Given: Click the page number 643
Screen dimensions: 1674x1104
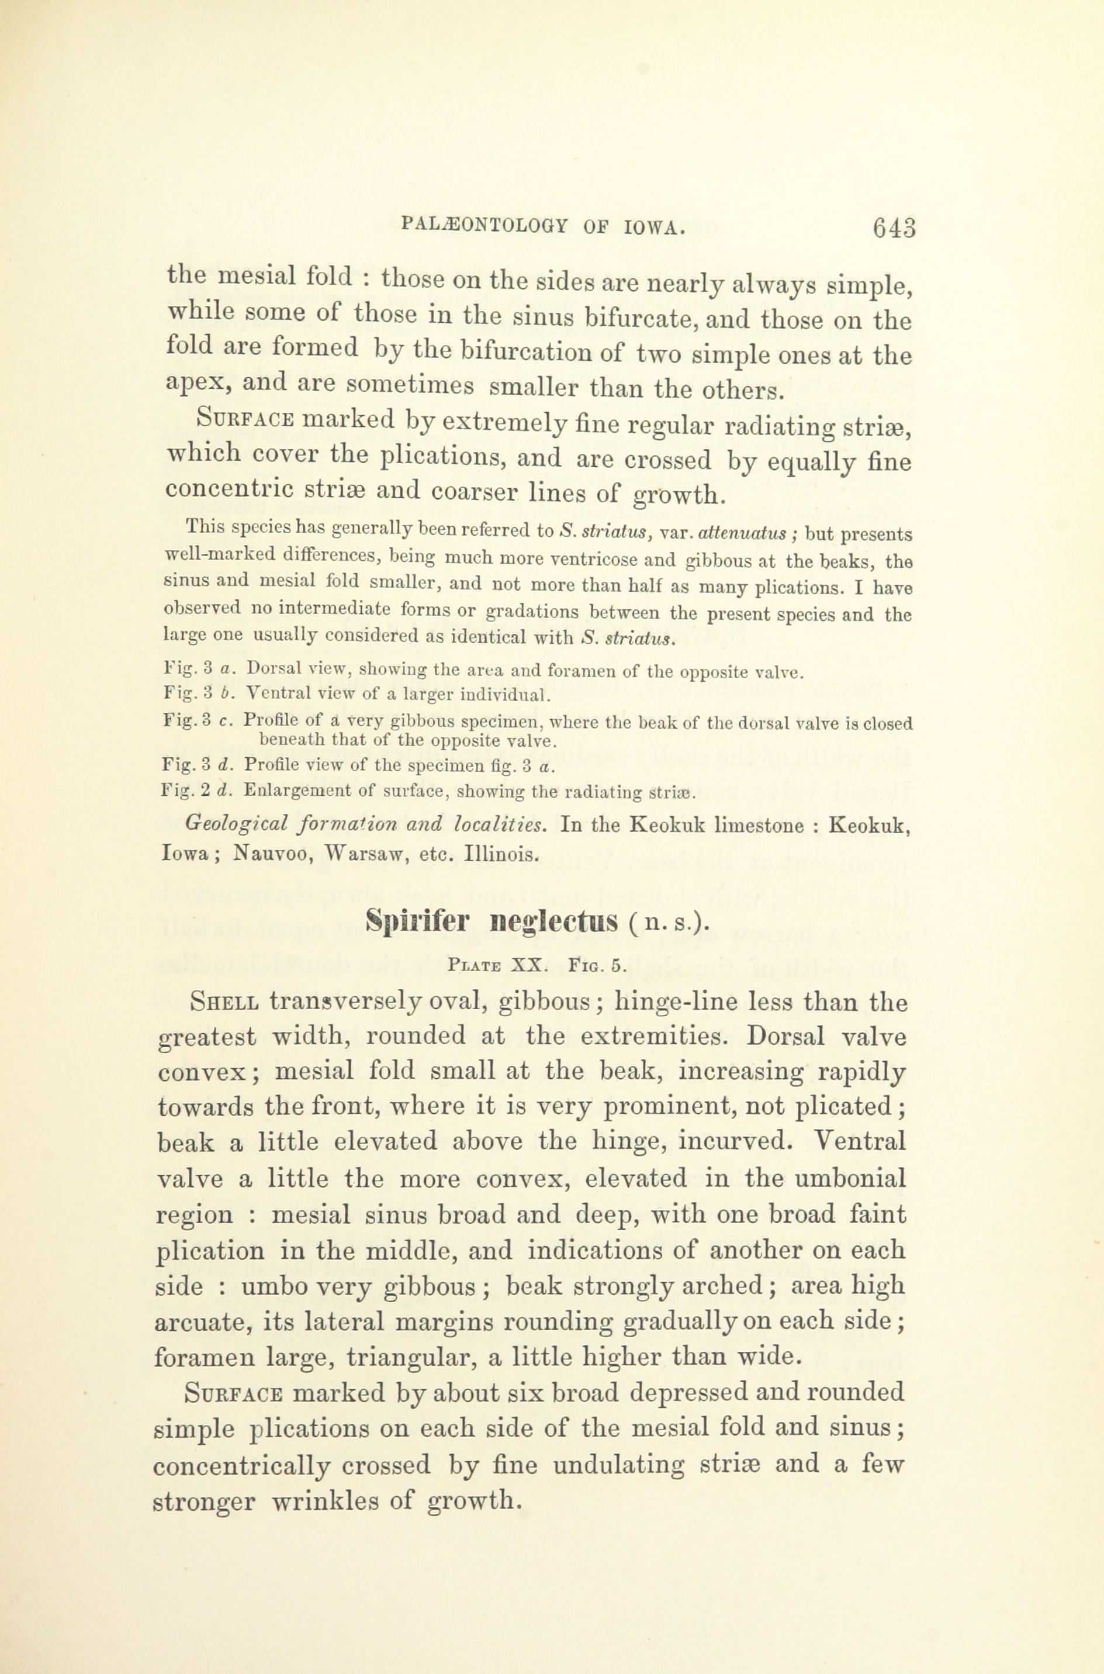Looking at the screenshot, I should coord(894,228).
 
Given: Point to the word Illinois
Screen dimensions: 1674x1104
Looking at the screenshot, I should coord(501,855).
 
